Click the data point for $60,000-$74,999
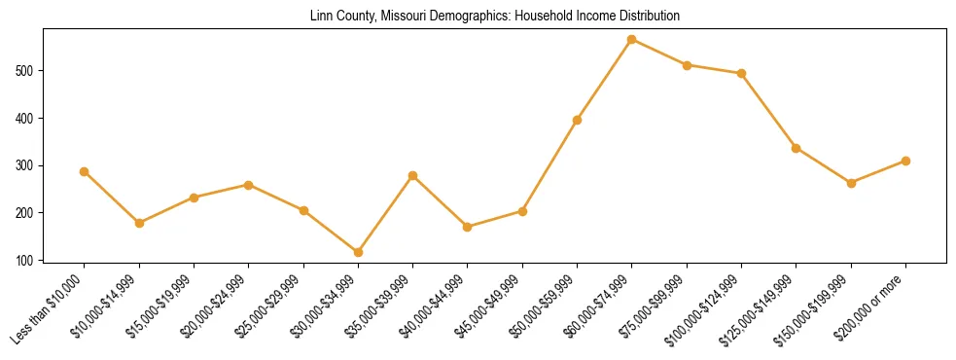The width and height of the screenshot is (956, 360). (632, 40)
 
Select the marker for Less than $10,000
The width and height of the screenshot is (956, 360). (85, 171)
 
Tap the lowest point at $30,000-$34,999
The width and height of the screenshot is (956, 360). (358, 252)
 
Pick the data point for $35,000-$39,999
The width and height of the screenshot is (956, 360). (413, 175)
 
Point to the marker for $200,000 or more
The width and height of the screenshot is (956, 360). (905, 161)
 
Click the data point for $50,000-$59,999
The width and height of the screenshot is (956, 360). (578, 120)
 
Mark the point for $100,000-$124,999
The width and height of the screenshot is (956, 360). (742, 73)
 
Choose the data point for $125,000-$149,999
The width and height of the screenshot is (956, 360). (797, 148)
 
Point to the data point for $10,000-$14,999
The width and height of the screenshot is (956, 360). (139, 223)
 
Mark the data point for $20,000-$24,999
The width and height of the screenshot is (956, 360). (249, 185)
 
